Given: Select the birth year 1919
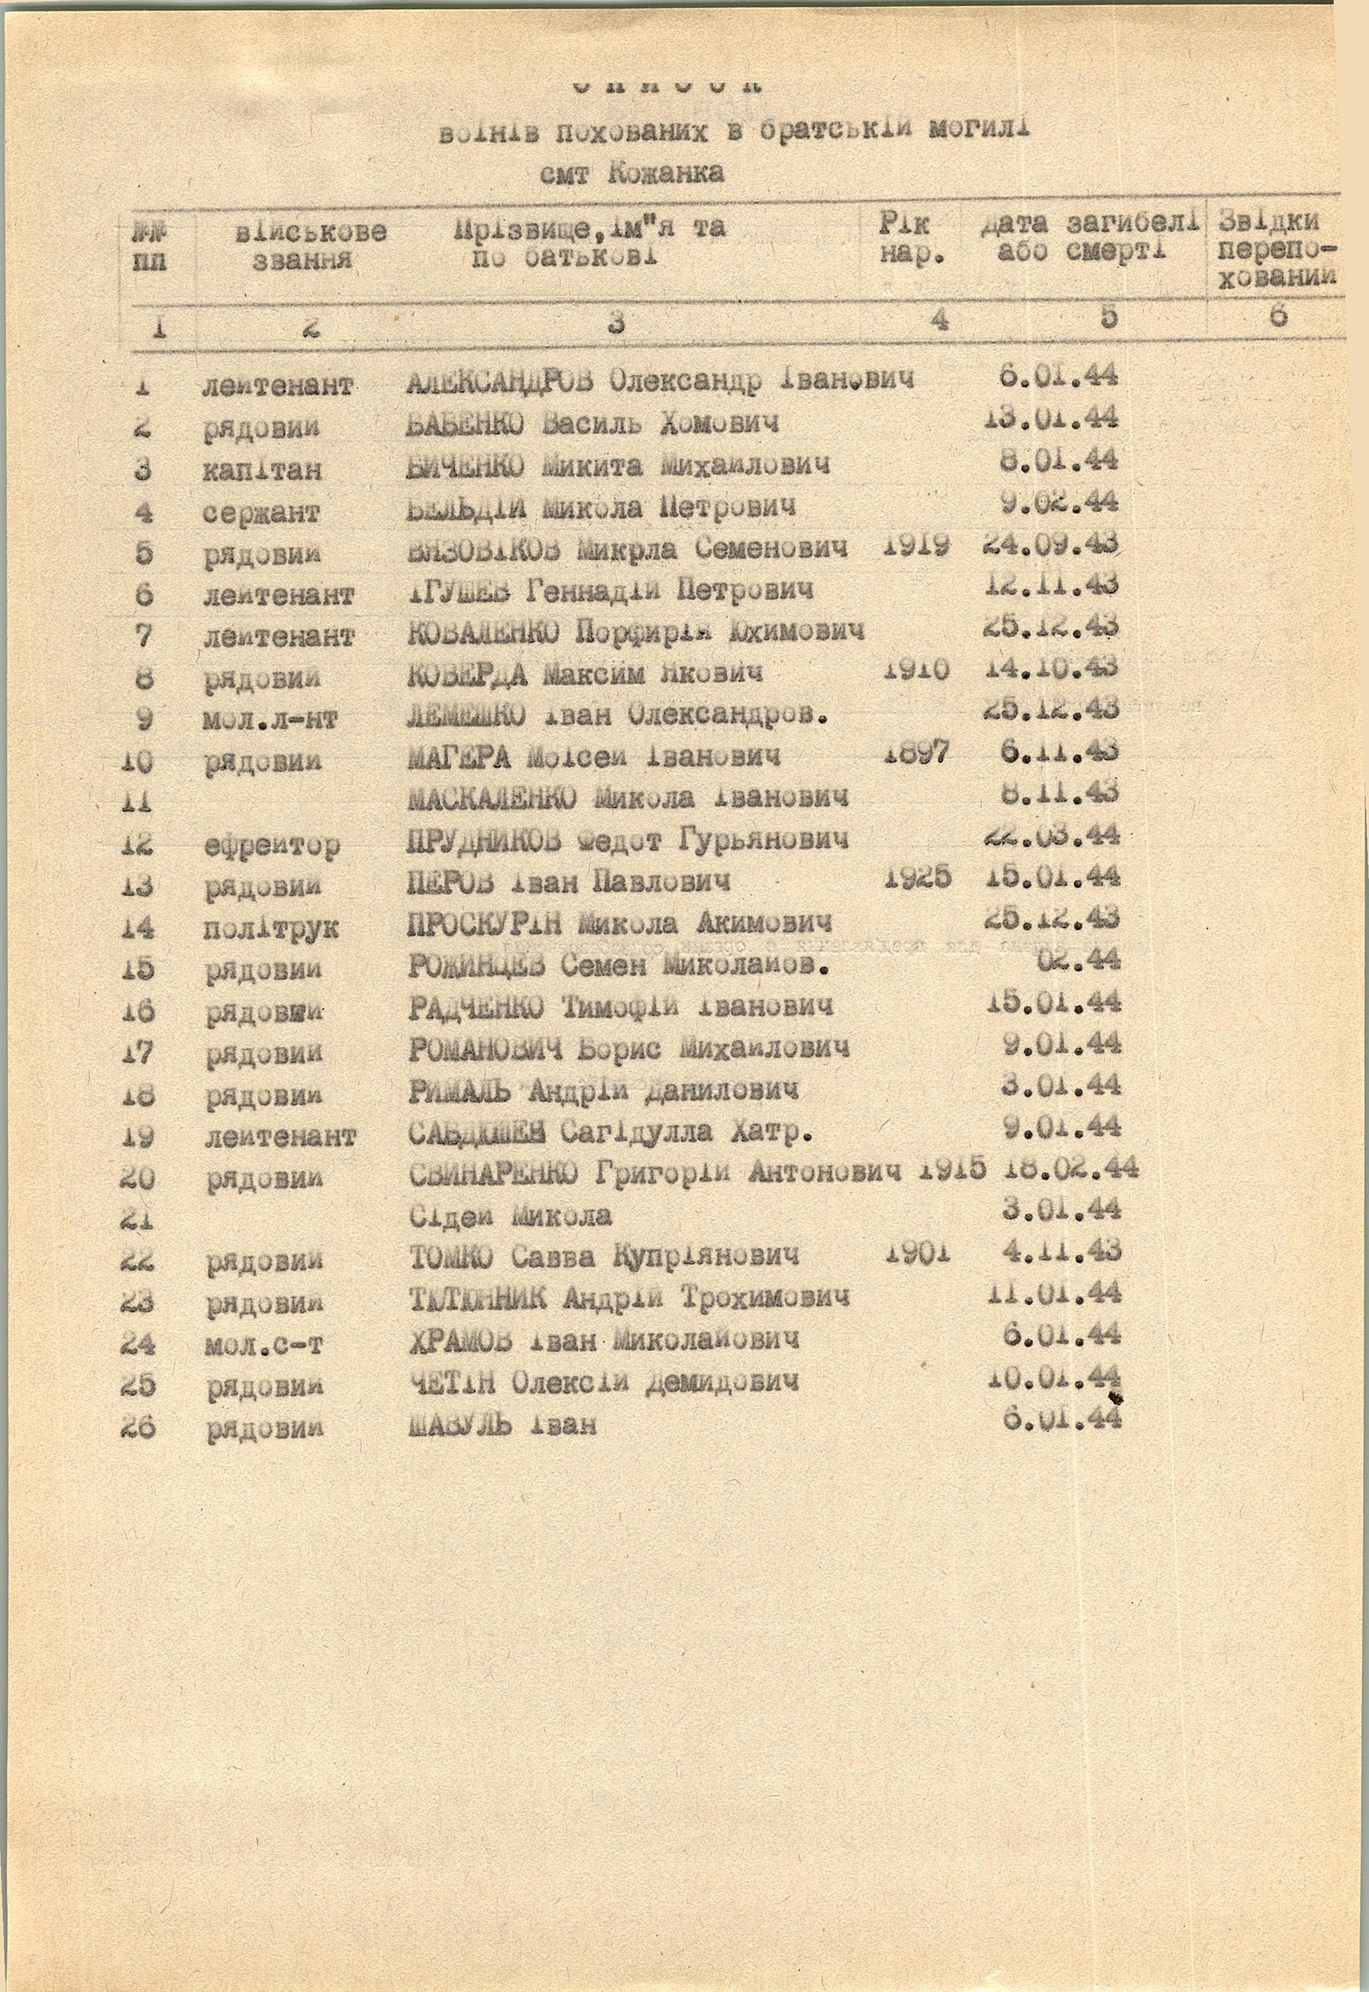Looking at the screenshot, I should coord(915,545).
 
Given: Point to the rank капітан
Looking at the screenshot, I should coord(263,469).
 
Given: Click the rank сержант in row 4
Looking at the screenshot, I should coord(261,513).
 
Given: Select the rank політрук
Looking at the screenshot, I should coord(271,928).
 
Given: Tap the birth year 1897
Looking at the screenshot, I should coord(915,754).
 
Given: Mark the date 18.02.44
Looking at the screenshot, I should coord(1070,1168).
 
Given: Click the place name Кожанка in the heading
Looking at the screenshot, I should coord(666,173).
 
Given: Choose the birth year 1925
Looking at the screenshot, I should coord(915,878).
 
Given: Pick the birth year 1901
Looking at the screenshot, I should coord(915,1253).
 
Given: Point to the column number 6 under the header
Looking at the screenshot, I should coord(1277,315).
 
